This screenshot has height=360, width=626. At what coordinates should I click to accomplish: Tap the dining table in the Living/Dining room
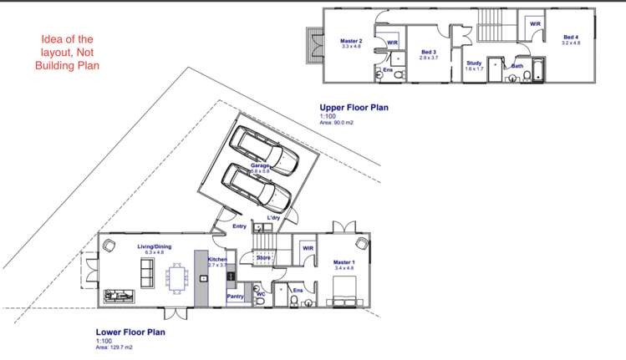coord(176,276)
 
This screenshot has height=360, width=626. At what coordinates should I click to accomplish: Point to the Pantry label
coord(235,296)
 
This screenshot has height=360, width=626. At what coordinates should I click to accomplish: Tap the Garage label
coord(260,166)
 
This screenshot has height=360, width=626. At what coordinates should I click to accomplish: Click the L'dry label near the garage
coord(273,218)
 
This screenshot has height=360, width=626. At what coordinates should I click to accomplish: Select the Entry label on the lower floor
coord(239,226)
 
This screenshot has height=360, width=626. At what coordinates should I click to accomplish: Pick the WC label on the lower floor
coord(260,294)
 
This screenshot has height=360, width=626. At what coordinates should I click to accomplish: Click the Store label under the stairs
coord(262,258)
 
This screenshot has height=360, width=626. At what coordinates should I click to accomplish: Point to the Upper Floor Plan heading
coord(354,108)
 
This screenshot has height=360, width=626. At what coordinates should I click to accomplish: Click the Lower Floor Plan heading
coord(130,332)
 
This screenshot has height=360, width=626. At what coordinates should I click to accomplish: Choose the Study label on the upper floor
coord(474,63)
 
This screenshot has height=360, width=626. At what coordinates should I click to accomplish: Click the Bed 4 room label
coord(570,38)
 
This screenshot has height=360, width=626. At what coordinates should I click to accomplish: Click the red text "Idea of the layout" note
coord(71,52)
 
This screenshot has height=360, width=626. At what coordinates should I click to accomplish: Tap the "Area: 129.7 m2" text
coord(115,347)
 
